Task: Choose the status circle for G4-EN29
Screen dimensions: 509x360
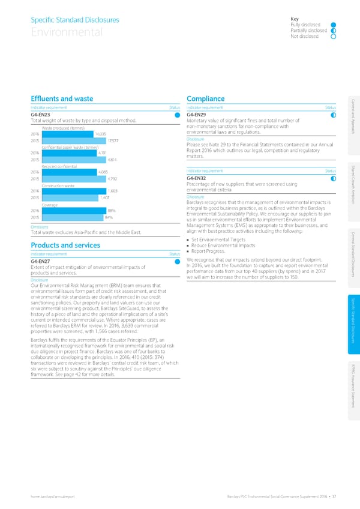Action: pyautogui.click(x=332, y=115)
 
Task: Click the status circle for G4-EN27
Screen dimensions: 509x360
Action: pyautogui.click(x=177, y=261)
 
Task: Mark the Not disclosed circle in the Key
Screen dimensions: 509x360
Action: pyautogui.click(x=333, y=36)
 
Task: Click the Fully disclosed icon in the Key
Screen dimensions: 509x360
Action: pyautogui.click(x=333, y=25)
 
